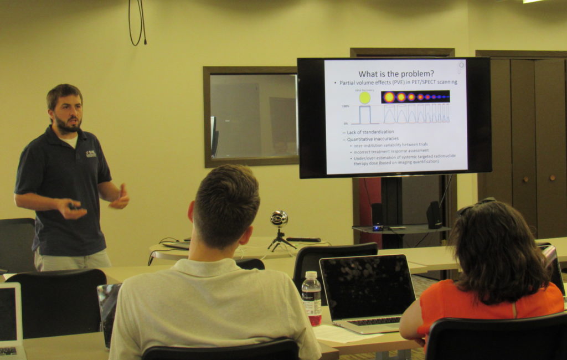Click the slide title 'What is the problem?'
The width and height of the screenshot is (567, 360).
(396, 74)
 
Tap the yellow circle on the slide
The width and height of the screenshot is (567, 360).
(364, 97)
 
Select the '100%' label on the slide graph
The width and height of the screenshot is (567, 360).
(346, 106)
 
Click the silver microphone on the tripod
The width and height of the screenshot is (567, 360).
(279, 218)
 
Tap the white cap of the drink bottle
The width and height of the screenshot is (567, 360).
(311, 275)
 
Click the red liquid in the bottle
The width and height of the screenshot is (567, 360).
(314, 319)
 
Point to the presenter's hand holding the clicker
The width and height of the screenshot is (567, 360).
(73, 209)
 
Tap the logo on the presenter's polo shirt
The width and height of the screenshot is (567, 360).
(91, 153)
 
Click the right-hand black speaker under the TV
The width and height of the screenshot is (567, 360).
(434, 215)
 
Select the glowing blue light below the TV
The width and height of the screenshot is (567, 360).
(377, 228)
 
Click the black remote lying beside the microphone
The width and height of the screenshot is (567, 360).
(303, 239)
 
